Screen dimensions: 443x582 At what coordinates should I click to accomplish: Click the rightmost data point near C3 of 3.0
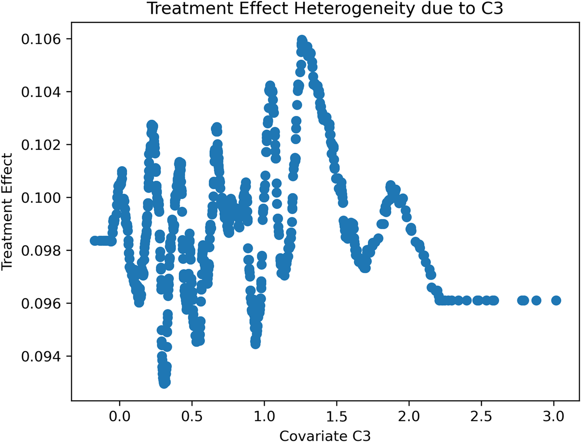pyautogui.click(x=556, y=300)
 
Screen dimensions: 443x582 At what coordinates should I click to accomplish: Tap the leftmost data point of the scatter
pyautogui.click(x=94, y=241)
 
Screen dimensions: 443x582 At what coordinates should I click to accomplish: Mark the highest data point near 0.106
pyautogui.click(x=302, y=40)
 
